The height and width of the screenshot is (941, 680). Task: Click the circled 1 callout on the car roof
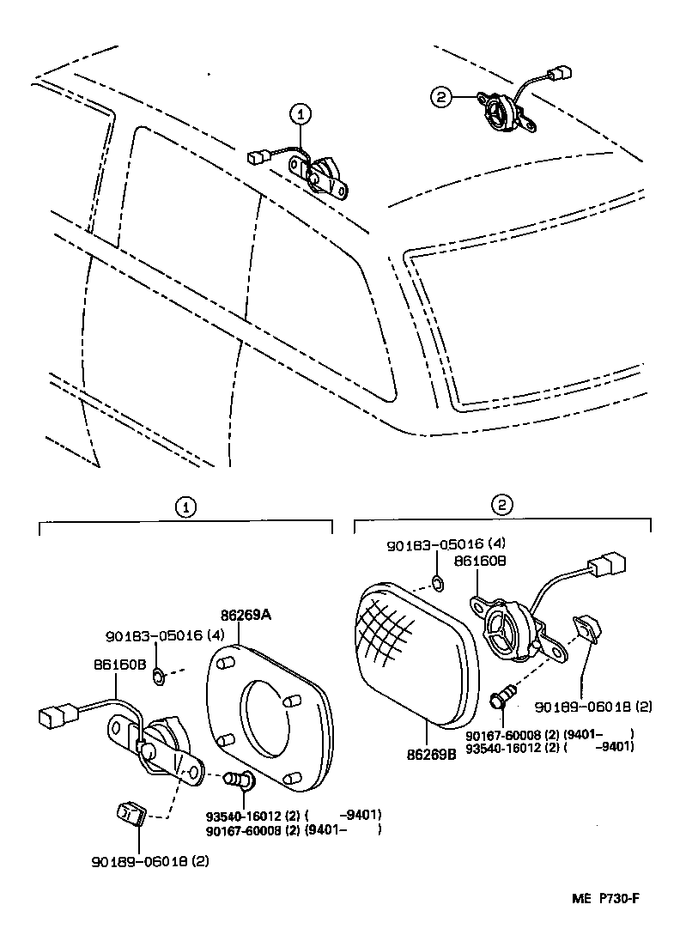(x=299, y=112)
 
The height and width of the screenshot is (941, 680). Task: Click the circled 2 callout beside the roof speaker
(x=440, y=99)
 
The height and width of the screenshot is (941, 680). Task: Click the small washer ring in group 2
(x=437, y=584)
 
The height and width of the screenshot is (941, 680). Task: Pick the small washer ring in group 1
(x=159, y=677)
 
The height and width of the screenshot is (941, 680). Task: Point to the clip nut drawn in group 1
(x=129, y=811)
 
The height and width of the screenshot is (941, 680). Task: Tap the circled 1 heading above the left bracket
(x=185, y=507)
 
